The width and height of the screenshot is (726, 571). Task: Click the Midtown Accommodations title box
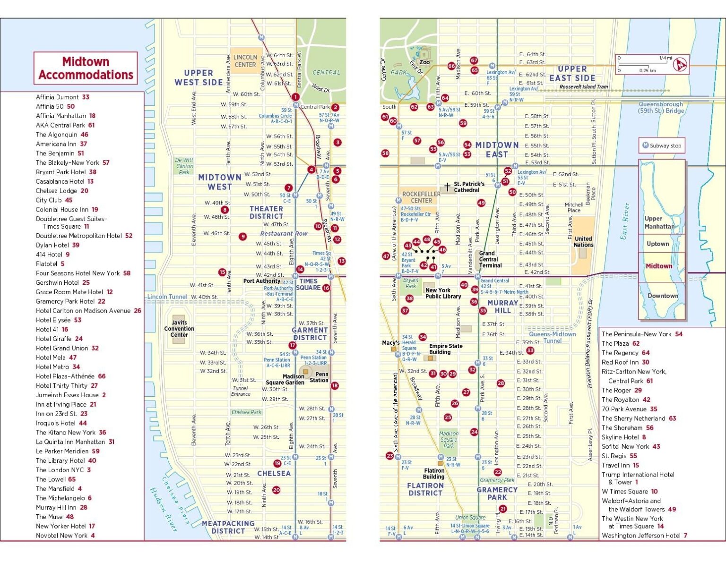[x=86, y=68]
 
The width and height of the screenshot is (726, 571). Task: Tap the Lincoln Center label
[x=245, y=61]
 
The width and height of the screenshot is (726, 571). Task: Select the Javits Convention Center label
[x=179, y=329]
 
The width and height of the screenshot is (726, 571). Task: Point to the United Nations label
[x=583, y=242]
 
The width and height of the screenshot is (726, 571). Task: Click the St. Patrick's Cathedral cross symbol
[x=447, y=187]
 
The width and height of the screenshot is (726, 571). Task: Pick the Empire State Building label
[x=446, y=349]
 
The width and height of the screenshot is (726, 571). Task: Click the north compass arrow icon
[x=680, y=64]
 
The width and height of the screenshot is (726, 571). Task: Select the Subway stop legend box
[x=662, y=145]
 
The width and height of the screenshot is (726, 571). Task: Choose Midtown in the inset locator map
[x=659, y=266]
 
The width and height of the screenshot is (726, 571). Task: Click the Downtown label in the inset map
[x=663, y=296]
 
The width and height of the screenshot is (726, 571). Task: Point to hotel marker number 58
[x=385, y=153]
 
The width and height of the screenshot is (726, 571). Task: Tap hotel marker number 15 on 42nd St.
[x=222, y=272]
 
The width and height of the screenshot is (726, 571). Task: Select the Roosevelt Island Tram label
[x=584, y=87]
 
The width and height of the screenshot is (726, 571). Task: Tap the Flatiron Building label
[x=434, y=474]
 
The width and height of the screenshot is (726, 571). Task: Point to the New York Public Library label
[x=443, y=293]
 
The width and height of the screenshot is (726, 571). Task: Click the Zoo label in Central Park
[x=424, y=62]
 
